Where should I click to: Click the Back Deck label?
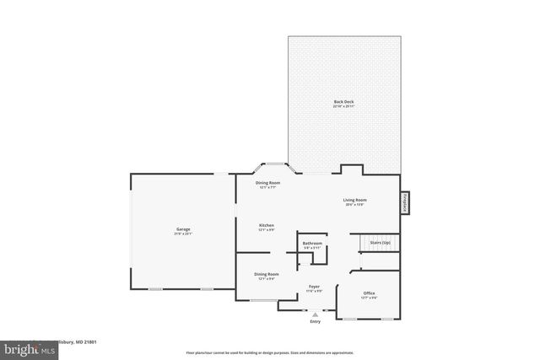343,100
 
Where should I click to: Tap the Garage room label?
183,228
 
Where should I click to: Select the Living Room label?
354,200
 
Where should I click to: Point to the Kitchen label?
267,225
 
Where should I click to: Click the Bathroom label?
312,243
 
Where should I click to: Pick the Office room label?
370,293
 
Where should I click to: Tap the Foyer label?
313,287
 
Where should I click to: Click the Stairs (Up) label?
381,242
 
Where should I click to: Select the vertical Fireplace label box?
405,203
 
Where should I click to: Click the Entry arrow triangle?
316,314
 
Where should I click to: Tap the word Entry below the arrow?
316,321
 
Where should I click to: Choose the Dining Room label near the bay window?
268,182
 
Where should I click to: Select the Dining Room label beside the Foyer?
267,273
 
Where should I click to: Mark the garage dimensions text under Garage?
183,234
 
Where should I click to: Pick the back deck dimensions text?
343,105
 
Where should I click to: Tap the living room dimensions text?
354,205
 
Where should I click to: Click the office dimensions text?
370,298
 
